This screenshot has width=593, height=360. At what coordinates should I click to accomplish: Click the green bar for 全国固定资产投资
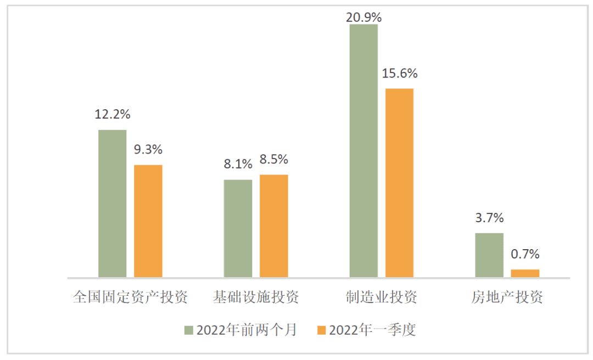click(113, 204)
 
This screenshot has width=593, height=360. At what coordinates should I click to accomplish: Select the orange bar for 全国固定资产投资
click(148, 221)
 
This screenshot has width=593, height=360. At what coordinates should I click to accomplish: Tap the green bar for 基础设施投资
click(238, 228)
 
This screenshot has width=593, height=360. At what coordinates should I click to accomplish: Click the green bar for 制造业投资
click(363, 151)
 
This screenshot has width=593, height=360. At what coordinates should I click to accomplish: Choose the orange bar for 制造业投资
click(399, 183)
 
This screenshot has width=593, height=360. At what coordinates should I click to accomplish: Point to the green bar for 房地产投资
click(489, 255)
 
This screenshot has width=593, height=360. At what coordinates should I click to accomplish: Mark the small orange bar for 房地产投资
click(525, 273)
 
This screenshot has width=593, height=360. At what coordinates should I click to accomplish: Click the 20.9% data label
click(363, 16)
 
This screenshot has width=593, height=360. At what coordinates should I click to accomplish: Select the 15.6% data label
click(400, 74)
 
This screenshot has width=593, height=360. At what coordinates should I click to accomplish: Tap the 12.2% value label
click(113, 115)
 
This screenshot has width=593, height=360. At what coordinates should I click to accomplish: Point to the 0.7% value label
click(525, 254)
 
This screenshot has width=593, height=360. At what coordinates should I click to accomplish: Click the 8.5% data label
click(274, 160)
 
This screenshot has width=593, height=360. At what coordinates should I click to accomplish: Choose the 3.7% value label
click(489, 218)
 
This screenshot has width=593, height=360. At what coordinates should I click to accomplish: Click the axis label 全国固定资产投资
click(131, 297)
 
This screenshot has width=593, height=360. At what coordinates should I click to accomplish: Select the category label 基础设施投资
click(256, 297)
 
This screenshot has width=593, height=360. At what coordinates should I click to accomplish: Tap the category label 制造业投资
click(381, 297)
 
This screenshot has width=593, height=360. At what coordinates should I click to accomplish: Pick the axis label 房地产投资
click(507, 297)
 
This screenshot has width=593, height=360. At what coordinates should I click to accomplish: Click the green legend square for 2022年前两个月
click(188, 330)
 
